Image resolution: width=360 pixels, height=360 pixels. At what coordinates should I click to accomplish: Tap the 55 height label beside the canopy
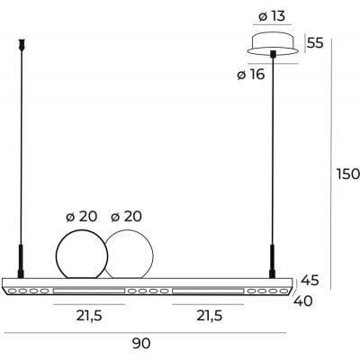[315, 42]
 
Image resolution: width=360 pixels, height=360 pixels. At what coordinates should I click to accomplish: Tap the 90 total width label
[140, 344]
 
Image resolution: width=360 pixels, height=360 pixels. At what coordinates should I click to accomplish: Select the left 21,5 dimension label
[87, 316]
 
